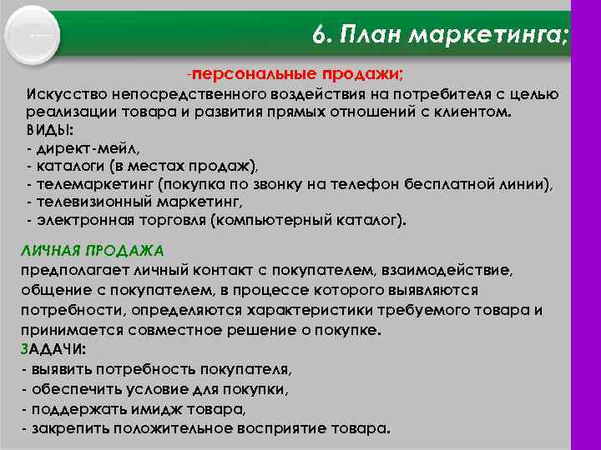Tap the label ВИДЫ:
[49, 130]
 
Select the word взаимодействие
[452, 269]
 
